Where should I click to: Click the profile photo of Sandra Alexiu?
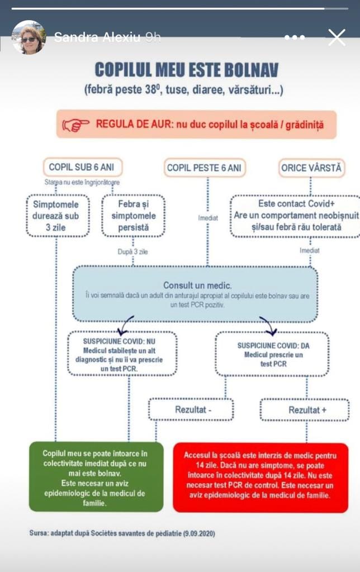click(29, 37)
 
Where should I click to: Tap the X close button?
click(337, 37)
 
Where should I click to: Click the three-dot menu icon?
click(294, 37)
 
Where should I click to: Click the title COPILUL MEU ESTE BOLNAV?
click(187, 70)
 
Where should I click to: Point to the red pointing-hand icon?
click(75, 125)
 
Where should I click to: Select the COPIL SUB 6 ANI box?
click(83, 168)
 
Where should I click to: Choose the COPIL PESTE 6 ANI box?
click(205, 168)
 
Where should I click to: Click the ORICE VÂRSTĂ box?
click(311, 168)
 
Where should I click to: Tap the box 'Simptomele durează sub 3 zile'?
click(58, 216)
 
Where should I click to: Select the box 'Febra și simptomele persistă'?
click(133, 216)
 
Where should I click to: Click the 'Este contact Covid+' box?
click(295, 216)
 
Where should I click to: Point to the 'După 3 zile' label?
click(132, 252)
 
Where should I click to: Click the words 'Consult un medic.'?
click(197, 285)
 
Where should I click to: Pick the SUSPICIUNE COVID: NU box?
click(122, 354)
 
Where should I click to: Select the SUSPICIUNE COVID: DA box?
click(272, 354)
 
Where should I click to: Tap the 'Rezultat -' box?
click(191, 409)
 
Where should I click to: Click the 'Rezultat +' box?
click(305, 409)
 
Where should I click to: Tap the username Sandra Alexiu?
click(97, 37)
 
